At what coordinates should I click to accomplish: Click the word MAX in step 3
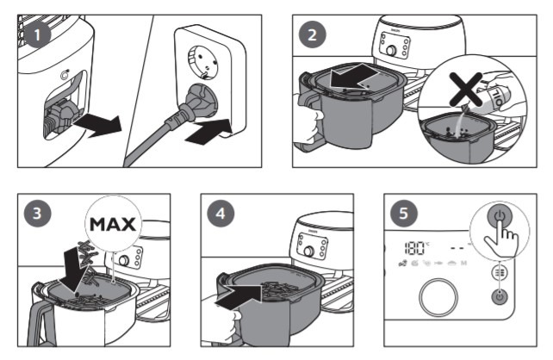point(114,226)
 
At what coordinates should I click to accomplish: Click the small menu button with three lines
point(498,275)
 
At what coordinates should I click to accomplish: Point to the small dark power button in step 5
point(498,298)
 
